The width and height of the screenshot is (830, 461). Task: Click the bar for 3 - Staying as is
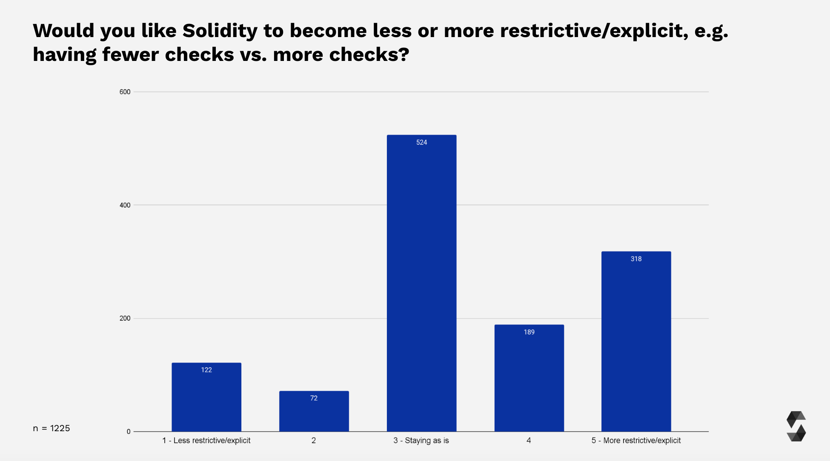(421, 283)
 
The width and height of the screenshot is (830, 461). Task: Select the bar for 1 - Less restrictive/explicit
(206, 397)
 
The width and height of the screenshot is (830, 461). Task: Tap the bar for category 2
(314, 411)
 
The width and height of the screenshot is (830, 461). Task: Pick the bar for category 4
(529, 378)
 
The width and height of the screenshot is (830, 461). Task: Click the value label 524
(421, 142)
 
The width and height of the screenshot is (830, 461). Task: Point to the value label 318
(636, 259)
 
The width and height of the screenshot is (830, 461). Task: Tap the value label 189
(529, 332)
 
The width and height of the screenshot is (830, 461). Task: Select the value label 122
(206, 370)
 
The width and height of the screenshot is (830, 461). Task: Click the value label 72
(314, 398)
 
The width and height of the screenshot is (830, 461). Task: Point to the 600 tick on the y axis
(125, 92)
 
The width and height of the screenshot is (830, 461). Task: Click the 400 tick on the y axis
(125, 205)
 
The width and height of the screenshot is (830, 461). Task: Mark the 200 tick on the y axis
(125, 318)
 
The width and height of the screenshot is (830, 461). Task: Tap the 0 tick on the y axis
(129, 432)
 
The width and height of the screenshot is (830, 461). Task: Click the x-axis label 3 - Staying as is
(421, 441)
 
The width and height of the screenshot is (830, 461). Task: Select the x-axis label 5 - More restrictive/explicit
(636, 441)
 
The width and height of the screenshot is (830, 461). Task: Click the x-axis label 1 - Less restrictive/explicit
(206, 441)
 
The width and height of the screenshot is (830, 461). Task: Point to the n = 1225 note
(51, 428)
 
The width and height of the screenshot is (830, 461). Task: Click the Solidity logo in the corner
(796, 426)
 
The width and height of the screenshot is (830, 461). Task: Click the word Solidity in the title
(220, 31)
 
